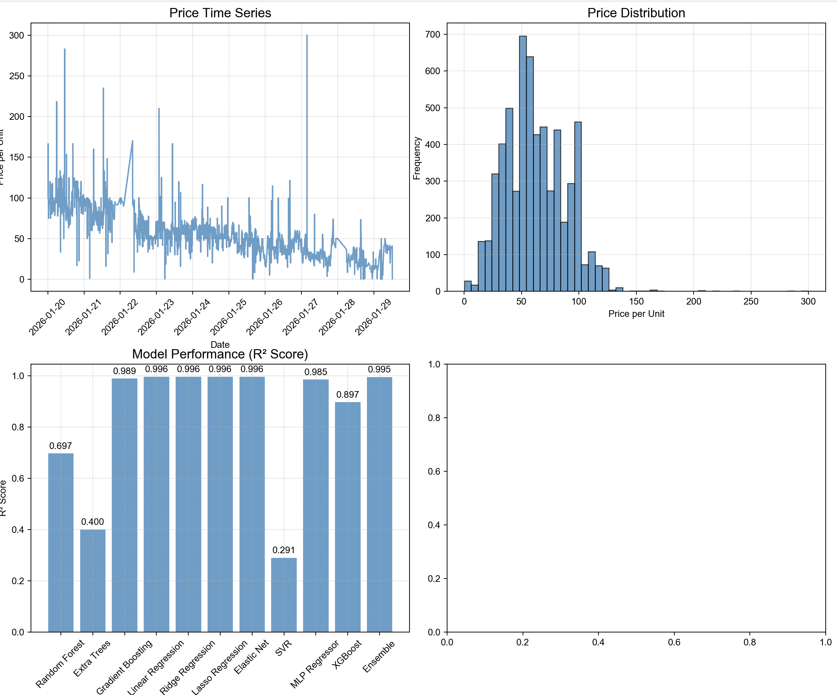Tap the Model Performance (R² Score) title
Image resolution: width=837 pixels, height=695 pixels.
point(220,354)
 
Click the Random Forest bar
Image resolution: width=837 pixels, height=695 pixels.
point(61,542)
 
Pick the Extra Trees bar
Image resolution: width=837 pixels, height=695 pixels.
point(92,580)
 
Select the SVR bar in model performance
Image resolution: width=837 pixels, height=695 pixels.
point(284,594)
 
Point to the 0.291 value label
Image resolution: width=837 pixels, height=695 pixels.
point(284,550)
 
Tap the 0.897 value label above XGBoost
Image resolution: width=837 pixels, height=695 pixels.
point(348,395)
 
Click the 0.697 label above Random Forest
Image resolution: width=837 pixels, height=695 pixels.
point(61,446)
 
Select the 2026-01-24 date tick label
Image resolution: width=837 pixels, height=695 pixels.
point(192,317)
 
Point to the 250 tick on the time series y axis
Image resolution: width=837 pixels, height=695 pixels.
point(17,76)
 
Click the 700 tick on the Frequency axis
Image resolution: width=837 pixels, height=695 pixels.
point(432,35)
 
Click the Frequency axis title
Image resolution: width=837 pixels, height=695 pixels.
point(417,158)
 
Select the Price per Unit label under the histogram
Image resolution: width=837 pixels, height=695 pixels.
point(636,314)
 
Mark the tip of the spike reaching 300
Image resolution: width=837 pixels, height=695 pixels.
point(307,36)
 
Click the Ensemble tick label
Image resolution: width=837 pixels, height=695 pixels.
point(379,656)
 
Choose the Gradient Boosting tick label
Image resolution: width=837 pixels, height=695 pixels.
point(125,666)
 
